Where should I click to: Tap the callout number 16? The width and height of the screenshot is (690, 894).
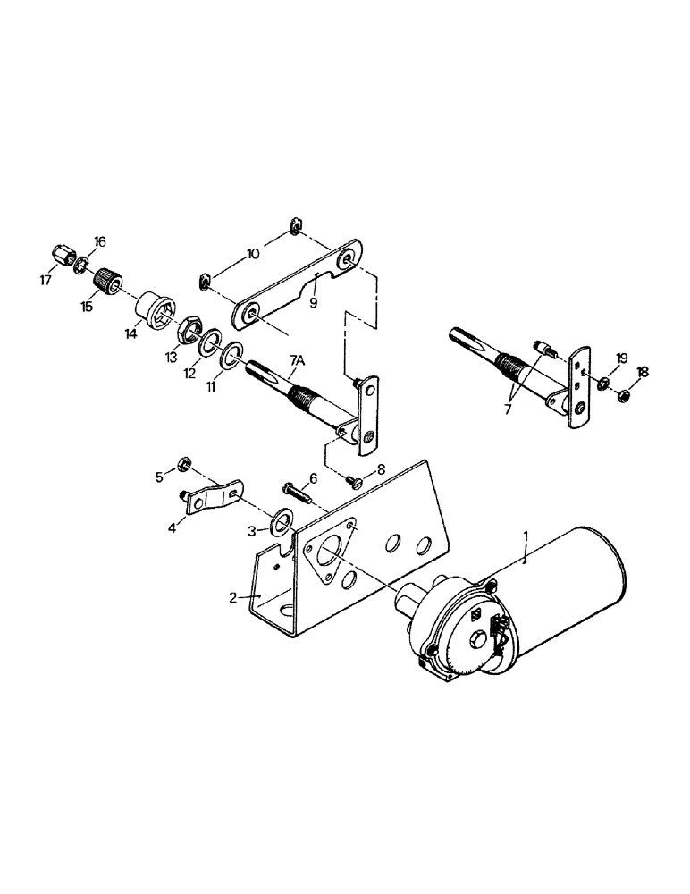(99, 242)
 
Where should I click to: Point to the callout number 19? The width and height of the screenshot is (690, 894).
(622, 358)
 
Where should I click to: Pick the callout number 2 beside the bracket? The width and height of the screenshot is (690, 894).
(232, 597)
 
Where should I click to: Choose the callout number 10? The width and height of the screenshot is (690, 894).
(253, 254)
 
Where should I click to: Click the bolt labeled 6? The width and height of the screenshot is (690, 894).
(297, 489)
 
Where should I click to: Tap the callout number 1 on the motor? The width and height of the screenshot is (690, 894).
(526, 536)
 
